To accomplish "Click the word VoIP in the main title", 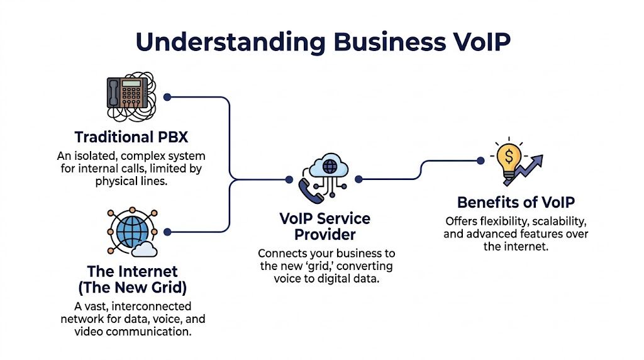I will [472, 41].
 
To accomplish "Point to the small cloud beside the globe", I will [145, 249].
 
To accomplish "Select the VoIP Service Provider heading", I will [325, 227].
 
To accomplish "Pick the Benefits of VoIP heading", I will [516, 203].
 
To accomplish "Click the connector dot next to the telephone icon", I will [167, 97].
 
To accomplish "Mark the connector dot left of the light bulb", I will [480, 160].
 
